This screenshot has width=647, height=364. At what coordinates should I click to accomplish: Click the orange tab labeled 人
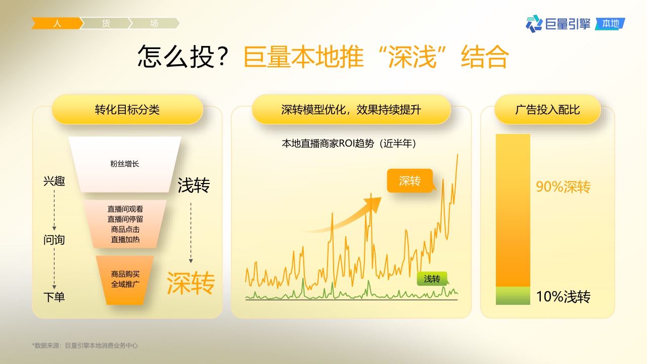(x=57, y=23)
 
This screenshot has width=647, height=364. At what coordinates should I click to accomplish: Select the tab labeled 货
(x=106, y=23)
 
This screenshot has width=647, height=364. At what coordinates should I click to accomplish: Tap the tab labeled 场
(x=154, y=23)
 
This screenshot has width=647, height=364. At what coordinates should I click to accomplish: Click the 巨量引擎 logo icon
(x=534, y=23)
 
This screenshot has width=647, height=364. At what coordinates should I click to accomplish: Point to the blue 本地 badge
(x=611, y=23)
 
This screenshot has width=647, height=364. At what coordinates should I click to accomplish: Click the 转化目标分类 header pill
(x=127, y=109)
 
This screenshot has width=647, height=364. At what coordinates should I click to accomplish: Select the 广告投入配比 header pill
(x=547, y=109)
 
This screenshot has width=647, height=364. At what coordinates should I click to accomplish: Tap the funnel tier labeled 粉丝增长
(x=124, y=164)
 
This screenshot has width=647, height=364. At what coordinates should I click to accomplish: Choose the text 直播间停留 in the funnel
(x=125, y=219)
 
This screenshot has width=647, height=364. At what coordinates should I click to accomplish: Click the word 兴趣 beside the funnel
(x=54, y=181)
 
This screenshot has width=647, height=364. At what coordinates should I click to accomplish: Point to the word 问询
(x=54, y=240)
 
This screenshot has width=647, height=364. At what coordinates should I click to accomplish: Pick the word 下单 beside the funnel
(x=54, y=297)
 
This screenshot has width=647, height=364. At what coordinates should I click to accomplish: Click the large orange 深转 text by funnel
(x=191, y=283)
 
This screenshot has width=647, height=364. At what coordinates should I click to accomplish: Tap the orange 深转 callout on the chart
(x=409, y=180)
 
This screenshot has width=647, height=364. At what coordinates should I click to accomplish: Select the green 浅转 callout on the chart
(x=432, y=279)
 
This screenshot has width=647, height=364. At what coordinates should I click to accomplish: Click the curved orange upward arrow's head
(x=374, y=202)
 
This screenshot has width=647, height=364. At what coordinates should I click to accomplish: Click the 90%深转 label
(x=563, y=187)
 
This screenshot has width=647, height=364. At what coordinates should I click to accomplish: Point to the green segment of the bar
(x=513, y=296)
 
